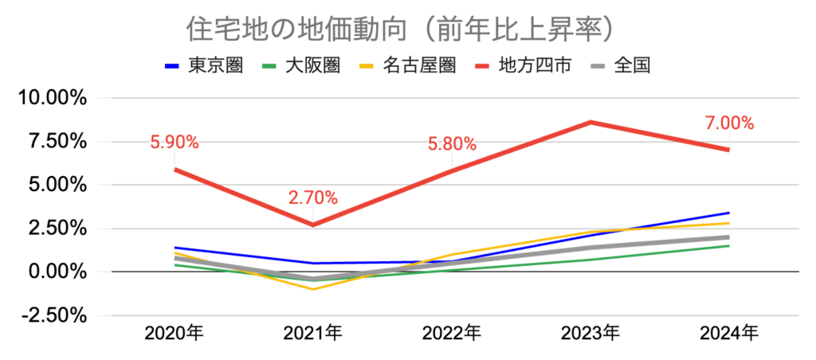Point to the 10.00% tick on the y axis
52,99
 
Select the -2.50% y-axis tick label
54,315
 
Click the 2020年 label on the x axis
174,333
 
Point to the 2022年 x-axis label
452,333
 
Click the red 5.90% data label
174,143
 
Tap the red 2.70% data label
313,198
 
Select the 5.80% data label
452,144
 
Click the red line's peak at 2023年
590,122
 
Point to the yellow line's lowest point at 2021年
313,289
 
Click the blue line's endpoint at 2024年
729,213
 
